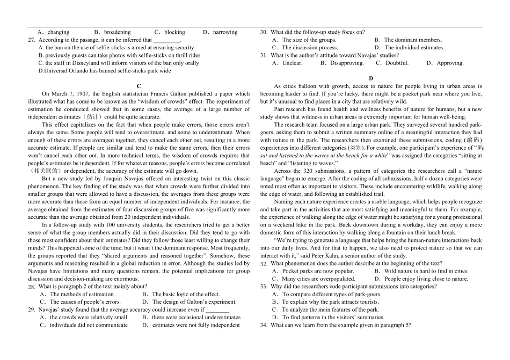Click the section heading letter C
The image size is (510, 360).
(139, 86)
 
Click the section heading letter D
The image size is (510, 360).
(371, 78)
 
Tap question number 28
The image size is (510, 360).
(31, 287)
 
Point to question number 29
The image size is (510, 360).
(31, 310)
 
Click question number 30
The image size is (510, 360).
(264, 32)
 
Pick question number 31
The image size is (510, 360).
(264, 55)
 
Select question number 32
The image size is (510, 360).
(264, 264)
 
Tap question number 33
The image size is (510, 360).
(264, 287)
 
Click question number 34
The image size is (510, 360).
(264, 325)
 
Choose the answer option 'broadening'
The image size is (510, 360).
(117, 32)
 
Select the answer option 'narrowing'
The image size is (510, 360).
(225, 32)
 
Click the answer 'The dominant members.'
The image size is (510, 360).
(413, 40)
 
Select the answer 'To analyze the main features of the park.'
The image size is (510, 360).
(330, 310)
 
